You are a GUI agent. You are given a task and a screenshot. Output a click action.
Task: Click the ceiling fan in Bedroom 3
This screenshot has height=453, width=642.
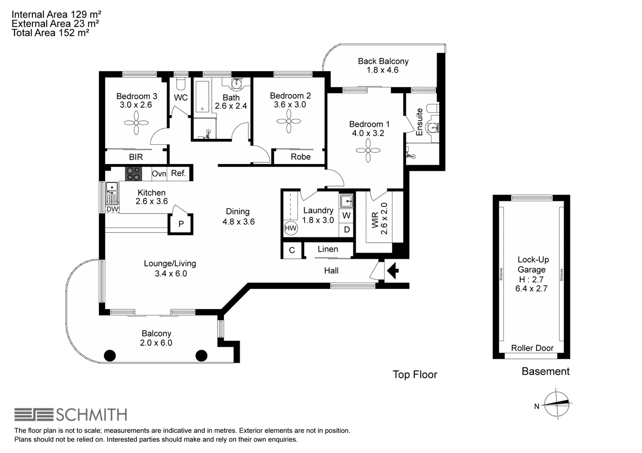coord(137,123)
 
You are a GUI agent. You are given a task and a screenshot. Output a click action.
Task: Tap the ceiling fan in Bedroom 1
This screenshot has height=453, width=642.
coord(368,151)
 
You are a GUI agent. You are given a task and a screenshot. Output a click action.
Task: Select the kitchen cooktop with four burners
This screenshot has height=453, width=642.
coord(133,174)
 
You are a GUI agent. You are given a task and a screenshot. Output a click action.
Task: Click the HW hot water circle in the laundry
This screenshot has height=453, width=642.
coord(291,228)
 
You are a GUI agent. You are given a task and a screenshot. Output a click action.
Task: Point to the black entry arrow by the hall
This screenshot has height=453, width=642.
coord(392,270)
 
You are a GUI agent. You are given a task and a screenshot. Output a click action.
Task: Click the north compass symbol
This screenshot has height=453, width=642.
coord(556,404)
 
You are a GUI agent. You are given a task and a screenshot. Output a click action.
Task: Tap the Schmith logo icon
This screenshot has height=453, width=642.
coord(34,415)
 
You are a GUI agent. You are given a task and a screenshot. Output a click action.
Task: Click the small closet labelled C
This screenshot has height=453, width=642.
coord(292,250)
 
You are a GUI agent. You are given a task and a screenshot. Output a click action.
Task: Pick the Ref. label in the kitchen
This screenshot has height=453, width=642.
coord(179,173)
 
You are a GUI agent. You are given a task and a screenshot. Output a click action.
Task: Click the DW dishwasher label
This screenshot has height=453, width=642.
coord(112,209)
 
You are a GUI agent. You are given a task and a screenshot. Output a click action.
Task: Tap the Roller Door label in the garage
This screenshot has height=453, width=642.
coord(532,348)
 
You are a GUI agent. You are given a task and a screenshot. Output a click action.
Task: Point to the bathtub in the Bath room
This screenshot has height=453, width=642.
coord(203,97)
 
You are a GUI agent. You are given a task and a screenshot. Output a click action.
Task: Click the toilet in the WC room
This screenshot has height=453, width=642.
coord(181,83)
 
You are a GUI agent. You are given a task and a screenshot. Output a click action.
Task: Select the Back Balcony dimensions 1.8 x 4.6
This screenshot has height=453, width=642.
coord(383,70)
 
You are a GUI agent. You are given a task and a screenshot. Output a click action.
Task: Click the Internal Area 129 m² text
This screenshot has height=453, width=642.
coord(56,14)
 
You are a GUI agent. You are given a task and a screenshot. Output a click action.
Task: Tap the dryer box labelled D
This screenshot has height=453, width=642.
coord(347,229)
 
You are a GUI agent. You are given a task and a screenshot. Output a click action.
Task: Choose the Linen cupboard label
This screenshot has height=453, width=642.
coord(328,249)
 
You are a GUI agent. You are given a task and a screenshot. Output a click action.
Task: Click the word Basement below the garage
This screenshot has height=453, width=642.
coord(545,371)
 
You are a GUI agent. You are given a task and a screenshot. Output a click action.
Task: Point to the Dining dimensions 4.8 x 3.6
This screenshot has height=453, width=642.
coord(239,221)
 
